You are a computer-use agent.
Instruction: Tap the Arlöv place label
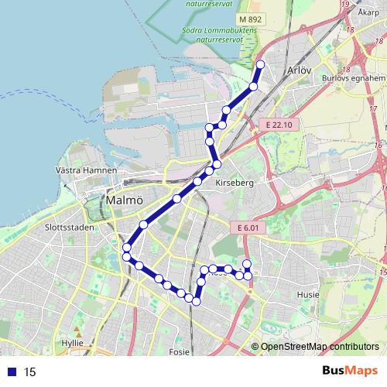[x=298, y=70]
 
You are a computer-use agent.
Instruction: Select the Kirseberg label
[x=235, y=183]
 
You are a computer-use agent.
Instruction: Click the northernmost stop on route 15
[x=261, y=64]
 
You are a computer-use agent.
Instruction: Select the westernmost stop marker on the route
[x=126, y=248]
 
